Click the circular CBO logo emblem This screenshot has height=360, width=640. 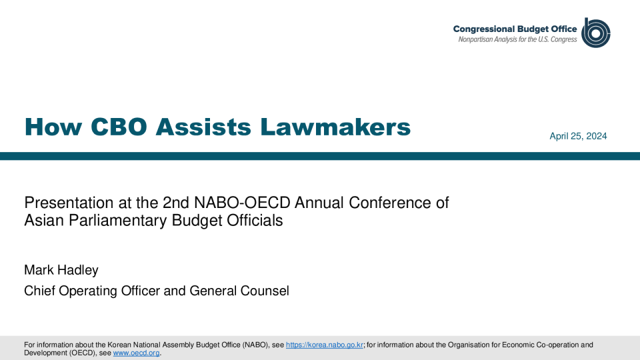[x=596, y=33]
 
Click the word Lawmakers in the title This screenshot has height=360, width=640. [x=335, y=127]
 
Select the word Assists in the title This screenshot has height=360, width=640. [x=203, y=127]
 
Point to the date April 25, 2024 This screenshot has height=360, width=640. [x=578, y=136]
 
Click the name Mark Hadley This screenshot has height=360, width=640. [x=61, y=270]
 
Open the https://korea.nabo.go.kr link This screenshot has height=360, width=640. [x=325, y=345]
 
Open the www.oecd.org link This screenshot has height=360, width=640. [x=136, y=353]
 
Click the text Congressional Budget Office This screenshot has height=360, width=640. [x=515, y=29]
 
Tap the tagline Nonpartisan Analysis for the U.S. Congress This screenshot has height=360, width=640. [x=517, y=39]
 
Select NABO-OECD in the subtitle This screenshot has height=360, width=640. [x=242, y=203]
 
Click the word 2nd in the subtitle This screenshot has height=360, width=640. [x=176, y=203]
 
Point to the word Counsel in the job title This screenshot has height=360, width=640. [x=265, y=291]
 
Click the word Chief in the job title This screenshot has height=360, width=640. [x=39, y=291]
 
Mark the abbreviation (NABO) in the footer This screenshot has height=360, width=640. [x=255, y=345]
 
